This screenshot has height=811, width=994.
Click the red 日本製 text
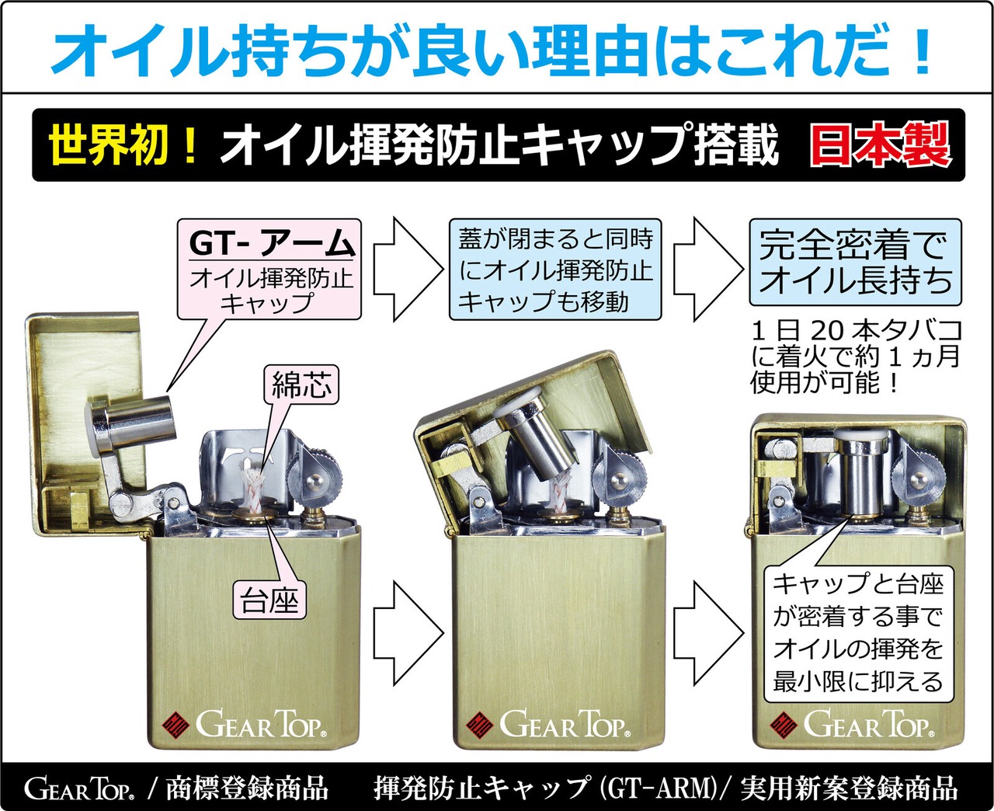(x=880, y=145)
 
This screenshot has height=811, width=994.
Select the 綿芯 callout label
(x=301, y=384)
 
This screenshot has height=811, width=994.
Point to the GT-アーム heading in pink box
(x=271, y=243)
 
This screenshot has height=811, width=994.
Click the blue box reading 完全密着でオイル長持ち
(x=855, y=262)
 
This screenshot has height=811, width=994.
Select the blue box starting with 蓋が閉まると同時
(x=555, y=270)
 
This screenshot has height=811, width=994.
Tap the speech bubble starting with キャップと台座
(x=857, y=632)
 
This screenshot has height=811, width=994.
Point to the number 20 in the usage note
(x=828, y=330)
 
